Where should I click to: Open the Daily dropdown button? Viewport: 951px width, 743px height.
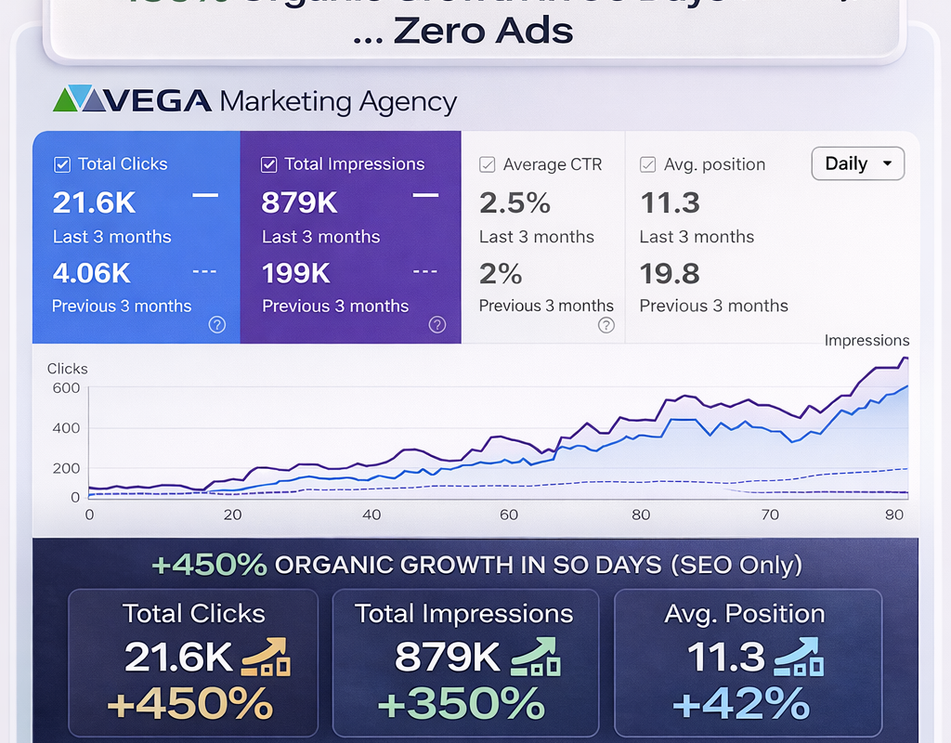click(x=857, y=163)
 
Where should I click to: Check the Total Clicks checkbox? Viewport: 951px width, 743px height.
click(x=62, y=164)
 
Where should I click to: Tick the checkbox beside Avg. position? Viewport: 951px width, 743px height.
click(x=648, y=164)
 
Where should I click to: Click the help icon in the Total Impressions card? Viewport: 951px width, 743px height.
click(x=437, y=325)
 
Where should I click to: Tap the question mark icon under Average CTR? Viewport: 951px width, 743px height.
click(x=606, y=325)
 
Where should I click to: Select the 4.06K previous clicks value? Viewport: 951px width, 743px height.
click(x=92, y=273)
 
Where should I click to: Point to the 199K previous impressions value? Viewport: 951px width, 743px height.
click(x=296, y=273)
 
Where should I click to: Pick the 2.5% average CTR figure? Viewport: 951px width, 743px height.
click(x=515, y=202)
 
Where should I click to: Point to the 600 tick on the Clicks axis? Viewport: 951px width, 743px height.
click(x=66, y=388)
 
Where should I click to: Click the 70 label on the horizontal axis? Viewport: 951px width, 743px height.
click(x=770, y=515)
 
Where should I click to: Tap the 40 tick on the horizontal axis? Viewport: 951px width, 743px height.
click(x=371, y=515)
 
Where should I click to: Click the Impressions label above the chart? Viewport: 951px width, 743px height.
click(x=866, y=341)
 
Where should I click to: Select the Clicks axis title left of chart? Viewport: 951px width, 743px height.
click(x=68, y=369)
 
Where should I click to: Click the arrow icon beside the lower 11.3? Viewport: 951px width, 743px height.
click(x=800, y=658)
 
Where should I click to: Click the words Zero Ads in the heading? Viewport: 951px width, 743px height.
click(x=483, y=31)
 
